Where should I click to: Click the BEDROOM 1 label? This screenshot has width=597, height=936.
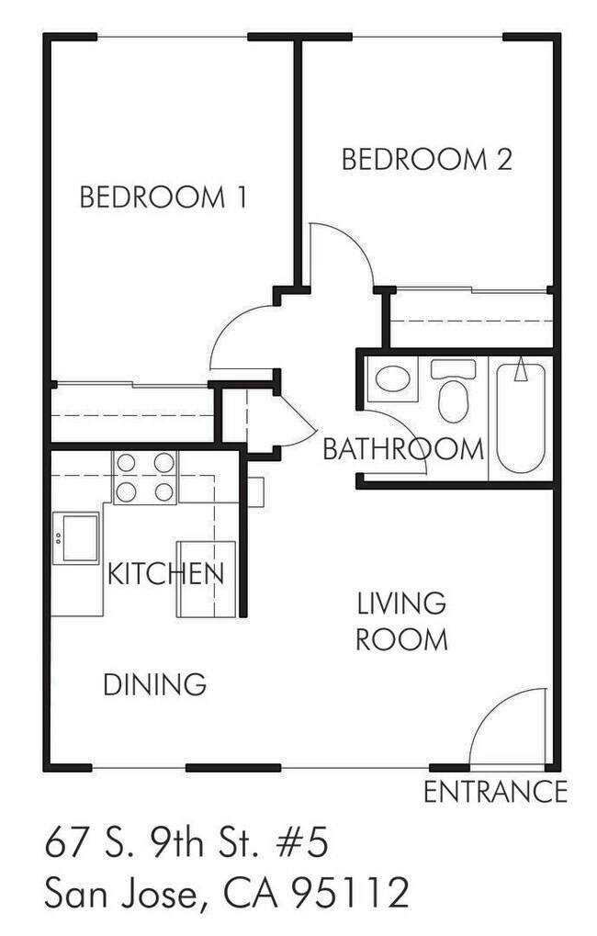coord(163,197)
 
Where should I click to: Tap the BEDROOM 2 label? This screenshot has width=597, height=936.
coord(427,160)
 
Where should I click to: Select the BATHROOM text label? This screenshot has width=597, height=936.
coord(403,449)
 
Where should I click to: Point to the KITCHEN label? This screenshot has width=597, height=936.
coord(165,574)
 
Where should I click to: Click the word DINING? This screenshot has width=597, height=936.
coord(154,684)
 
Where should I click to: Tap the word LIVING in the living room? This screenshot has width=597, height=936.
coord(401,603)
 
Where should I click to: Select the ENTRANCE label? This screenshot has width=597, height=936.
coord(495,792)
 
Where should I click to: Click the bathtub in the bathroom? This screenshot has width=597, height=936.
coord(521,418)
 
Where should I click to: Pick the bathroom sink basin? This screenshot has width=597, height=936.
coord(391,379)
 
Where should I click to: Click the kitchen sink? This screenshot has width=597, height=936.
coord(76,538)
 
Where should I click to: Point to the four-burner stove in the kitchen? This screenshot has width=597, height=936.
coord(145,478)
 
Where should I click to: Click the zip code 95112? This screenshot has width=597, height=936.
coord(351,893)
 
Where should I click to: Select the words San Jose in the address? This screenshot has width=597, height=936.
coord(121,893)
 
